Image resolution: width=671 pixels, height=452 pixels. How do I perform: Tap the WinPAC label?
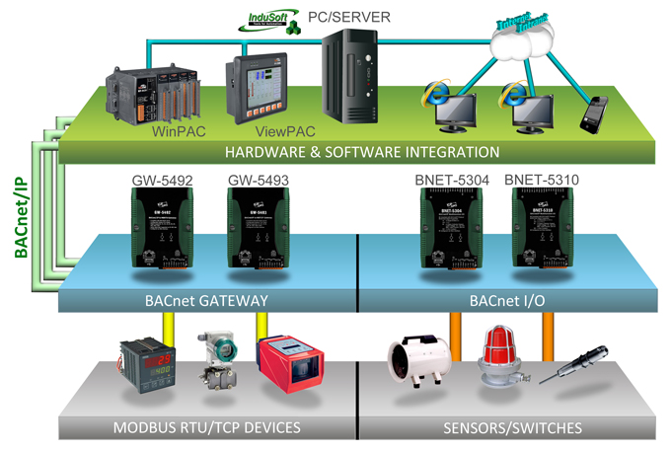click(178, 129)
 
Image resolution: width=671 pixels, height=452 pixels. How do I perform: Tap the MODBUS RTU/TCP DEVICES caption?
click(206, 427)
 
